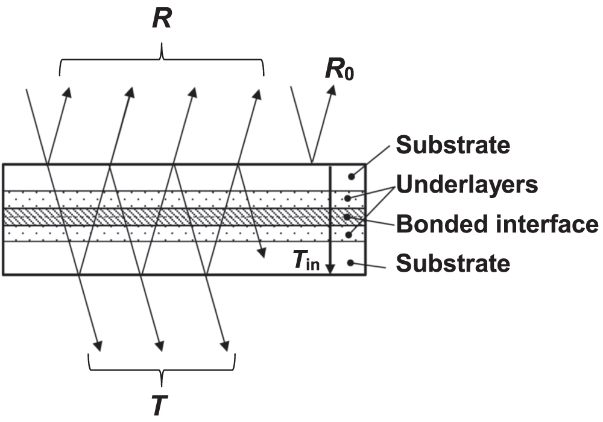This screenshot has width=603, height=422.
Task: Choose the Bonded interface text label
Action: click(497, 224)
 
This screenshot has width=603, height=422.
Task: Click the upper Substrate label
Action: click(454, 145)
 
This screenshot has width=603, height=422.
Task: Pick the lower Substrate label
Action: click(454, 263)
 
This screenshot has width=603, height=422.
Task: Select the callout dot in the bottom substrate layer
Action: click(351, 263)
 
